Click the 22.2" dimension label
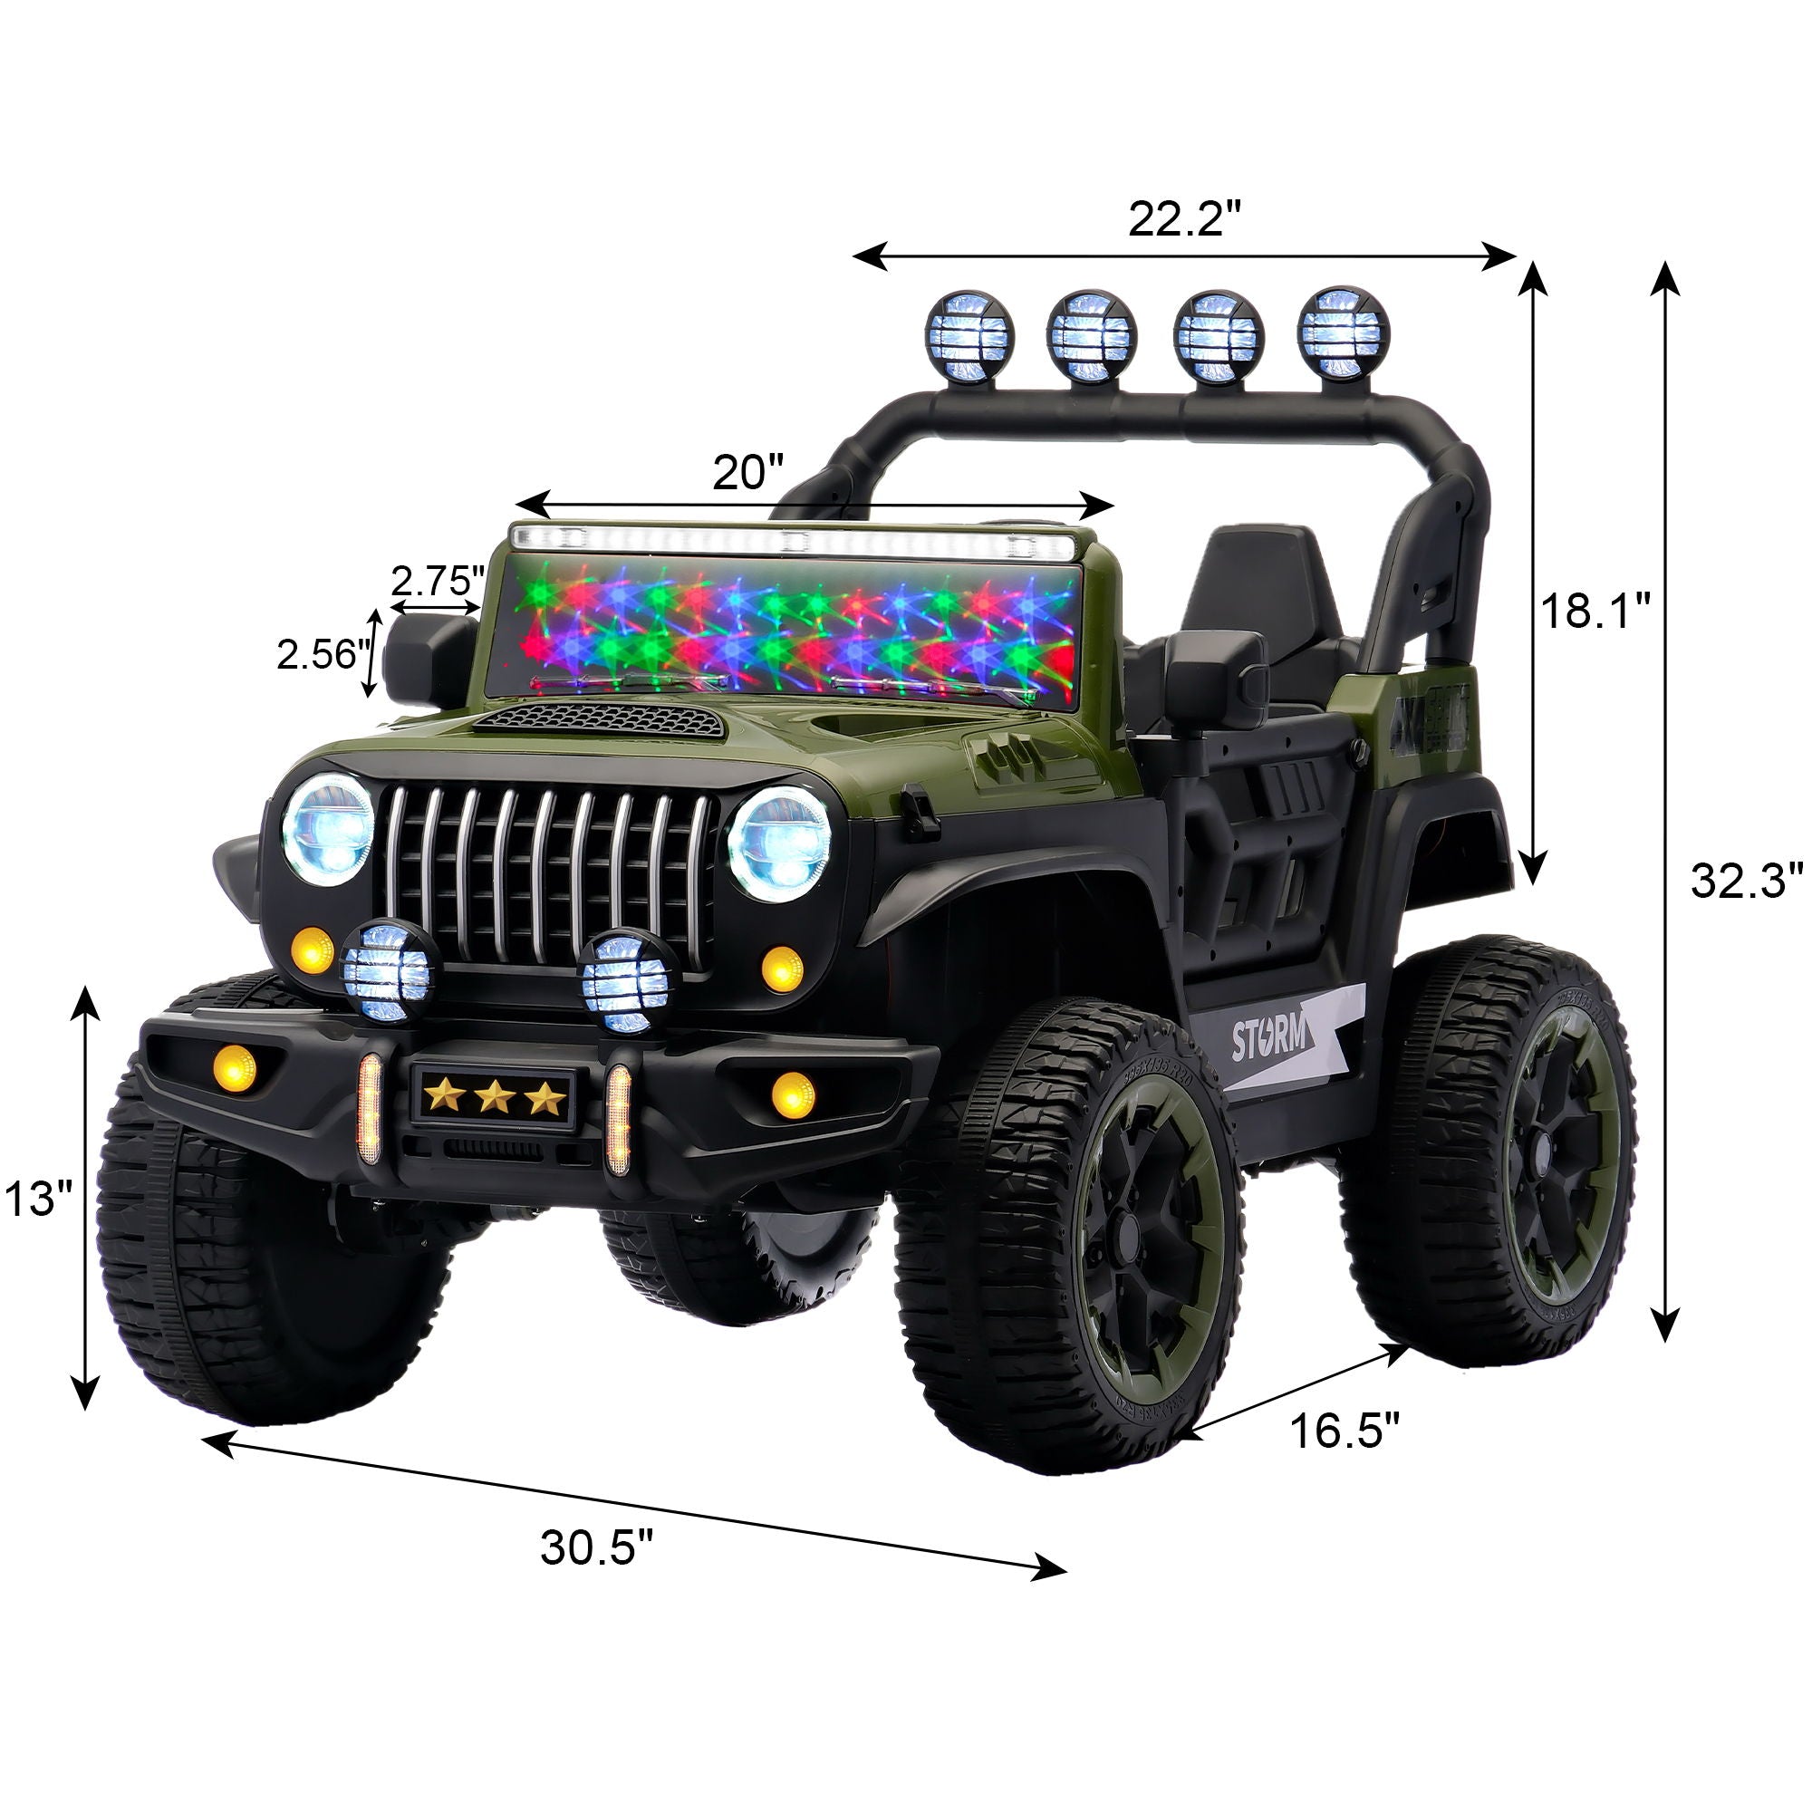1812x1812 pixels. coord(1184,220)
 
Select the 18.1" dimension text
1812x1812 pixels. coord(1595,612)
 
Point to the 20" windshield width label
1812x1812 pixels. coord(747,472)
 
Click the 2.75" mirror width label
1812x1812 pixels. coord(437,582)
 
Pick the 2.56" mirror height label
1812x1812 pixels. coord(318,654)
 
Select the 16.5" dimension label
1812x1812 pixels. coord(1345,1431)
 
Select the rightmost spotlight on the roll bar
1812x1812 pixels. coord(1343,329)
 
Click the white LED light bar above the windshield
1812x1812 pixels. coord(793,541)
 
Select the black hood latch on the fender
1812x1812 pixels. coord(920,812)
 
